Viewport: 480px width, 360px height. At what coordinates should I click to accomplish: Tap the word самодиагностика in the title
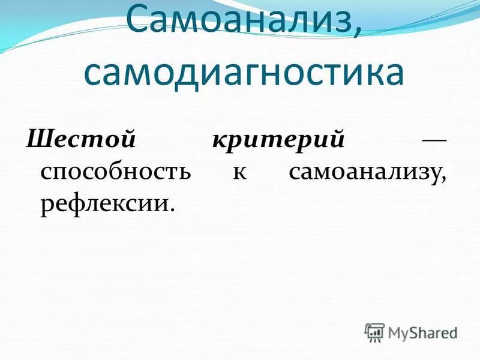click(243, 73)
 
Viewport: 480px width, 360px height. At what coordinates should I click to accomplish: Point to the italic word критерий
click(278, 140)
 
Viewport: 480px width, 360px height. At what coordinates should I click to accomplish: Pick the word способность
click(116, 172)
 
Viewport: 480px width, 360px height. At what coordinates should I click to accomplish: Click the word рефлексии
click(103, 205)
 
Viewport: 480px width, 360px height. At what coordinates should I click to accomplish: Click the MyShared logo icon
click(374, 332)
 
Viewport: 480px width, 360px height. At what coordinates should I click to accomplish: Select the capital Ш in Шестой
click(37, 140)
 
